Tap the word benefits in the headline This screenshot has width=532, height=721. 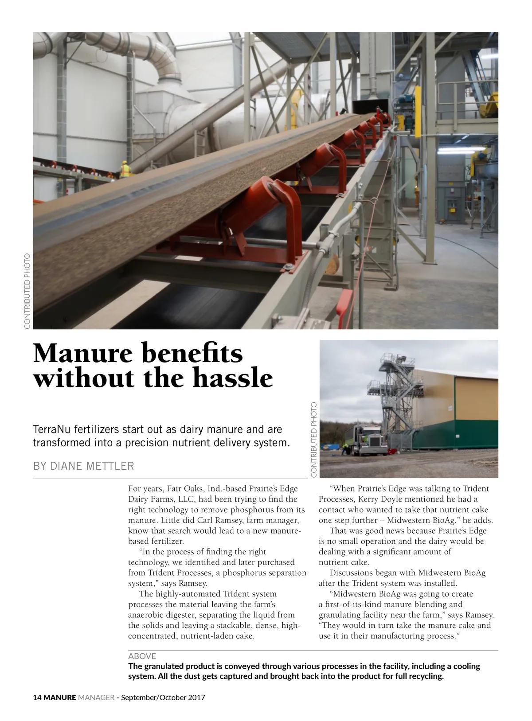click(x=192, y=353)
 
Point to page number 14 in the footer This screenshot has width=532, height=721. click(x=37, y=698)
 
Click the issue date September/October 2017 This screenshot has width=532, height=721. click(x=163, y=698)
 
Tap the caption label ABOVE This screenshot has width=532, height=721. click(x=142, y=656)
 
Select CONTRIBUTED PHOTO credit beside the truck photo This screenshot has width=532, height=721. click(x=314, y=440)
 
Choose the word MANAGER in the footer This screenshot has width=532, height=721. click(x=96, y=698)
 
